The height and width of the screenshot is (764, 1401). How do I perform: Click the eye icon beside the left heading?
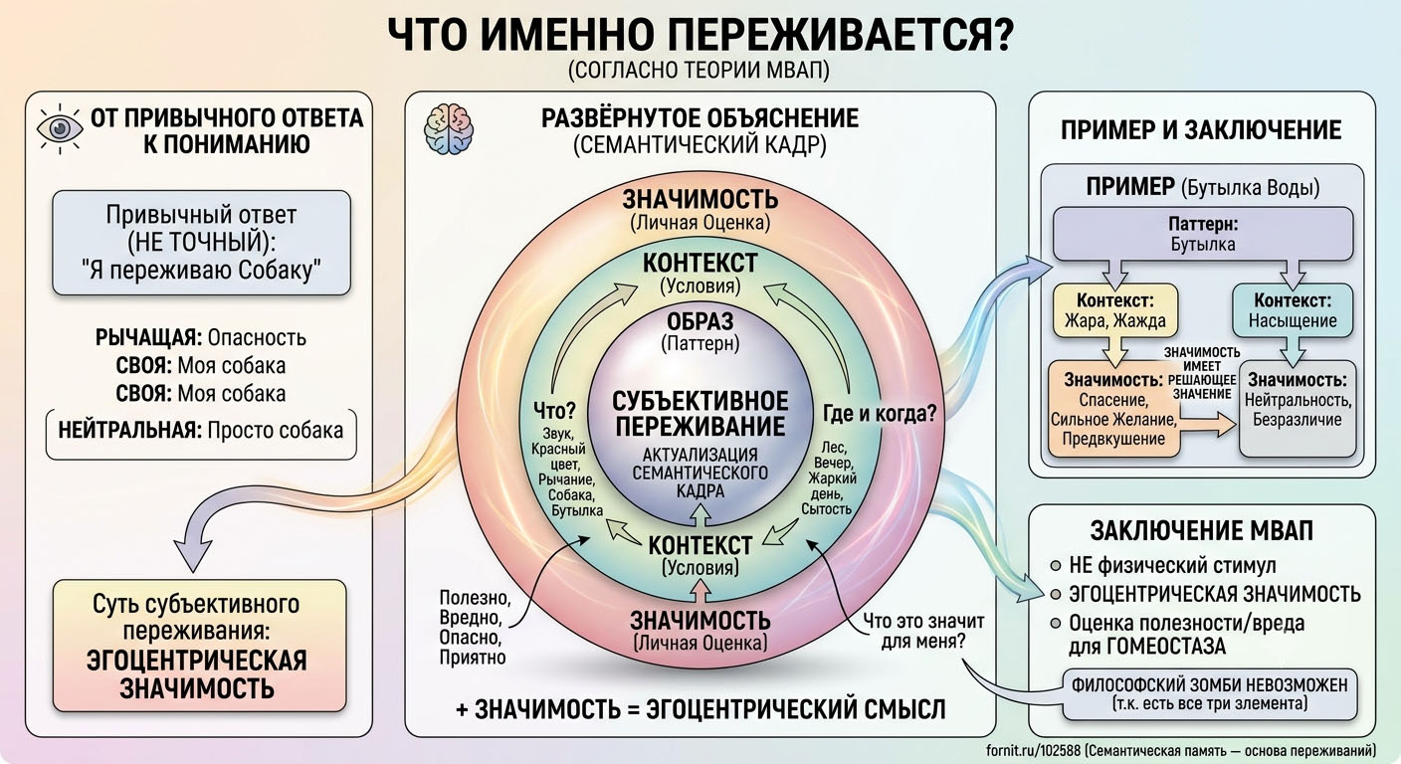(60, 128)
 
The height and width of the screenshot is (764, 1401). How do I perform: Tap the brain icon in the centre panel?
(449, 129)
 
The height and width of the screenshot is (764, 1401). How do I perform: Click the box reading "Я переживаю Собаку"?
(201, 243)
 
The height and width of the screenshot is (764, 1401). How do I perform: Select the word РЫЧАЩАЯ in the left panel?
(148, 337)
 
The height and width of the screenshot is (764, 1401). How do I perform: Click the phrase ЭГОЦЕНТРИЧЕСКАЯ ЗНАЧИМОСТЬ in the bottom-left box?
(197, 674)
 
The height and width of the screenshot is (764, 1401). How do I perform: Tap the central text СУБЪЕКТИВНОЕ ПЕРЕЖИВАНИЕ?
(700, 414)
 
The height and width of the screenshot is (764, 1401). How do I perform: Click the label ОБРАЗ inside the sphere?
(700, 321)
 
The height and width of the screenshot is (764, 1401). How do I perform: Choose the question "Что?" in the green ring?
(554, 411)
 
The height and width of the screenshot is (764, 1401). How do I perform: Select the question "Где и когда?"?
(880, 413)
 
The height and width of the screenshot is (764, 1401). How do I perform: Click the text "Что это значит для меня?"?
(923, 631)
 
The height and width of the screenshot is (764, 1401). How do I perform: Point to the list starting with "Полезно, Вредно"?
(475, 627)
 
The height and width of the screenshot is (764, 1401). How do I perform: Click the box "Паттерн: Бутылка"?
(1203, 234)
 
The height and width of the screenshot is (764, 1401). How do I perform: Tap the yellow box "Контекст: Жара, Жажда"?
(1115, 310)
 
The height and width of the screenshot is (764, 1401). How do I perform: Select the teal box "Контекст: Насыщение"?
(1293, 310)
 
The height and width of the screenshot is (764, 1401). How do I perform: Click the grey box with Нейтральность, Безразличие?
(1298, 409)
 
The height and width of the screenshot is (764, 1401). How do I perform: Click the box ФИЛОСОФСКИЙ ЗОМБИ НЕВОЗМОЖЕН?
(1210, 694)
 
